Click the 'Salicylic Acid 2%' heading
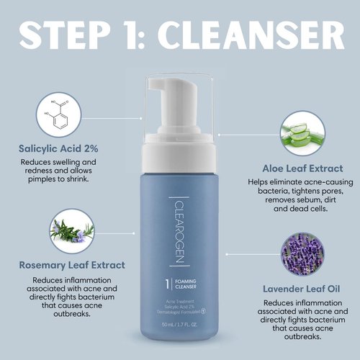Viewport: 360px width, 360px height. click(x=58, y=149)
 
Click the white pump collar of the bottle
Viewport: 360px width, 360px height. click(x=180, y=138)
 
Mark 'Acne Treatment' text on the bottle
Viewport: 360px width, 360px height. click(x=178, y=295)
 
